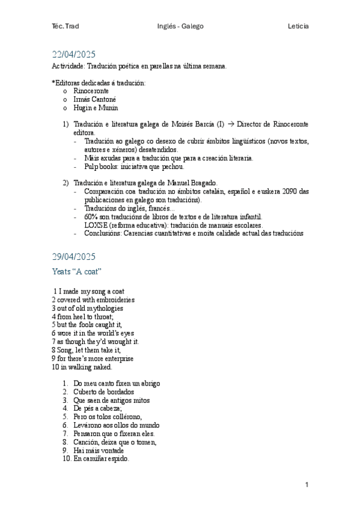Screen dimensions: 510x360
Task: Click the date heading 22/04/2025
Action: coord(74,54)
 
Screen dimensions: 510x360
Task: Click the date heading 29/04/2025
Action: coord(74,256)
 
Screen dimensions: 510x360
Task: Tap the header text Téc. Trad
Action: coord(66,26)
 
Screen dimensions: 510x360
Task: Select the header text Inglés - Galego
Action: coord(180,26)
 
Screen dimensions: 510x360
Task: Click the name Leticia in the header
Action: coord(298,26)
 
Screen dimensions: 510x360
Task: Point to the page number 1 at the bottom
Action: coord(307,484)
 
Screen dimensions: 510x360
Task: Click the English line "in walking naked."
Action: coord(85,367)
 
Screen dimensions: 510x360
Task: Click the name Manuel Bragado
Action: coord(194,182)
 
